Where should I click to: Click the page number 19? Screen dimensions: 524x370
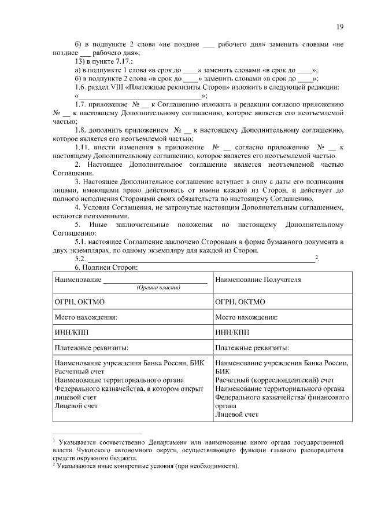click(x=341, y=26)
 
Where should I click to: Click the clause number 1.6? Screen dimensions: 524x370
click(x=82, y=87)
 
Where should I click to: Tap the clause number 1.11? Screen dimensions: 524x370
click(x=84, y=148)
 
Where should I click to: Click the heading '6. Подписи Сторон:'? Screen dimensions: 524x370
click(x=105, y=268)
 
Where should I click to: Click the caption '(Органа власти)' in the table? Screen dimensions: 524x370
click(x=158, y=287)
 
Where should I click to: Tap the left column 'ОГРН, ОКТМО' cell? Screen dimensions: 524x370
click(x=79, y=302)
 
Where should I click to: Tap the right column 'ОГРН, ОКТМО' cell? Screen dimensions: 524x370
click(x=240, y=302)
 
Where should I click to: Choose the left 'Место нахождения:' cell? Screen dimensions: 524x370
click(x=86, y=317)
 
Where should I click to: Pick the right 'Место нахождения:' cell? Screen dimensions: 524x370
click(x=246, y=317)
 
